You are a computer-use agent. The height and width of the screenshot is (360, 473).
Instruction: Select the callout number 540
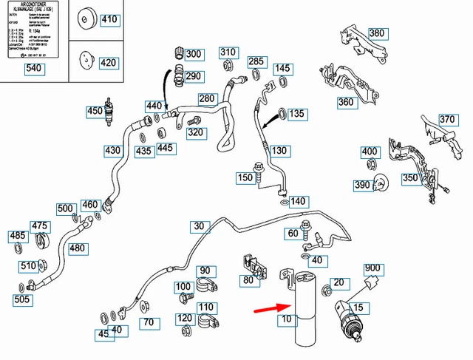pyautogui.click(x=35, y=69)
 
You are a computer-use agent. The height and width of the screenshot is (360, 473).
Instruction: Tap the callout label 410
pyautogui.click(x=109, y=19)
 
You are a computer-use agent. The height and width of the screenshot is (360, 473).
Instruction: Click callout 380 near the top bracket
pyautogui.click(x=377, y=33)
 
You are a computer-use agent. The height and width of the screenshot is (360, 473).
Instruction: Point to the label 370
pyautogui.click(x=447, y=119)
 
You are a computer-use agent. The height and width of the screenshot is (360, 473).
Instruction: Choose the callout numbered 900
pyautogui.click(x=372, y=268)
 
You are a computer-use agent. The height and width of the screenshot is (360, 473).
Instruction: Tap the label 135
pyautogui.click(x=296, y=114)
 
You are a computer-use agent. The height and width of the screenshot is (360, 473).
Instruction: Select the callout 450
pyautogui.click(x=95, y=112)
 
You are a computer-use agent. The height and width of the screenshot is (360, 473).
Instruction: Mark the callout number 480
pyautogui.click(x=78, y=248)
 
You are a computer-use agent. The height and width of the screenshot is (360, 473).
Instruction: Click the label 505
pyautogui.click(x=22, y=299)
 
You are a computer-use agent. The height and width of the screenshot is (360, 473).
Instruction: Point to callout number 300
pyautogui.click(x=193, y=54)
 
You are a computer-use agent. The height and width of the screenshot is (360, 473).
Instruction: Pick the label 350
pyautogui.click(x=410, y=178)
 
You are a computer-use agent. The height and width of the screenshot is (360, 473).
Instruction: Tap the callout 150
pyautogui.click(x=245, y=177)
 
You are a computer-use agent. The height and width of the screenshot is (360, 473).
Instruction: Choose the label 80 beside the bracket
pyautogui.click(x=248, y=280)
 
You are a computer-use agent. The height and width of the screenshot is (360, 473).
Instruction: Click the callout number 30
pyautogui.click(x=198, y=226)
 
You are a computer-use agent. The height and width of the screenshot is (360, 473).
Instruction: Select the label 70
pyautogui.click(x=149, y=322)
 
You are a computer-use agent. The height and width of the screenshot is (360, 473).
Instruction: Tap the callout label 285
pyautogui.click(x=256, y=61)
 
